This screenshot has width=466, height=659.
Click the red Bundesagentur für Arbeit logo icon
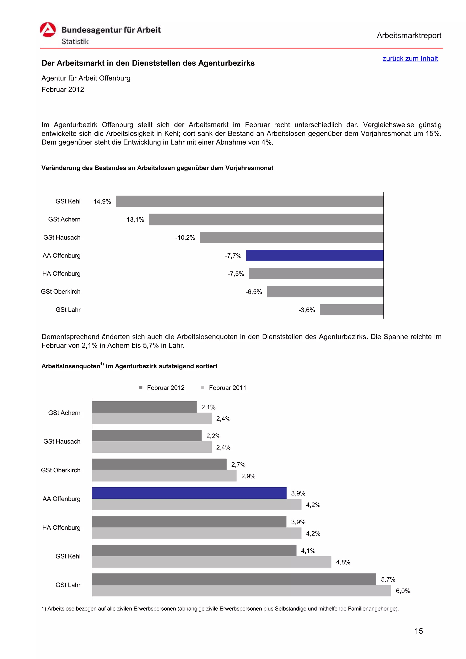coord(48,30)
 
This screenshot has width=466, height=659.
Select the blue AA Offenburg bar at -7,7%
coord(314,255)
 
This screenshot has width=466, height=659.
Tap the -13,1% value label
coord(134,220)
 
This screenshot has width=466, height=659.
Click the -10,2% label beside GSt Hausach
coord(185,238)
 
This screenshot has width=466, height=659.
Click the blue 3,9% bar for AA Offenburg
coord(189,493)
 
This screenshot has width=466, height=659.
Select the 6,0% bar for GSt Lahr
coord(241,591)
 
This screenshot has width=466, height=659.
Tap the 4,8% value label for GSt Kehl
coord(343,562)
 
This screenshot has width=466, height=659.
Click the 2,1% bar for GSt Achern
coord(144,407)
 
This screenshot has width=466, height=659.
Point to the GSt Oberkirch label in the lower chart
coord(61,470)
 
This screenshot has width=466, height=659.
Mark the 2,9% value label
coord(248,476)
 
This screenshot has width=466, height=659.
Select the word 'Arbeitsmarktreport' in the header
coord(409,36)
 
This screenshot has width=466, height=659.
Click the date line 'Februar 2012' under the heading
coord(63,90)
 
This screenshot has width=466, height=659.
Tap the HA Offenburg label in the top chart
coord(61,274)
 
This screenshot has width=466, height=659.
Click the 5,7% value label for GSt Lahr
coord(388,579)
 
